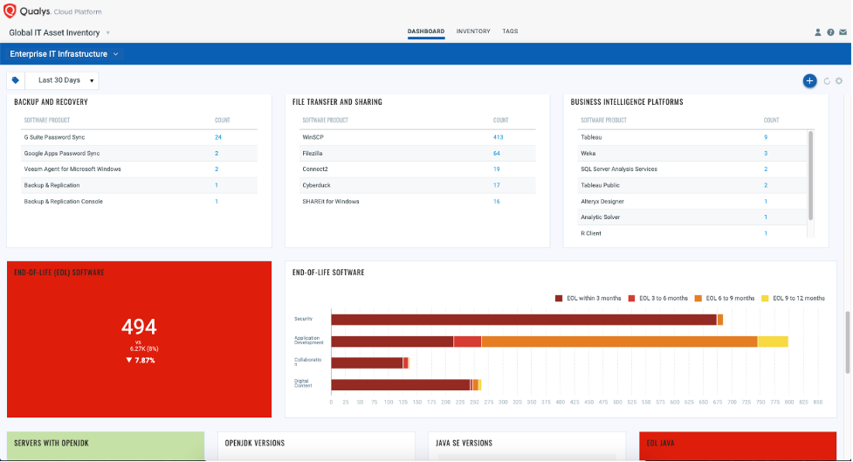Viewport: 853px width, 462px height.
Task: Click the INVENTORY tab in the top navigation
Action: pos(472,31)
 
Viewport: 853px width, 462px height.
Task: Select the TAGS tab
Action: pos(510,31)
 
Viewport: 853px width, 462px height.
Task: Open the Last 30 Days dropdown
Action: pos(65,80)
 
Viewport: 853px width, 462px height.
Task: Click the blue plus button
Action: pos(809,80)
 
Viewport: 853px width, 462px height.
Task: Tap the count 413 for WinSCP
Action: pos(498,137)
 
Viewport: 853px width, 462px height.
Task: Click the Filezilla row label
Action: pos(314,153)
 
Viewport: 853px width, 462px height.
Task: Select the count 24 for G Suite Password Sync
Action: pos(217,137)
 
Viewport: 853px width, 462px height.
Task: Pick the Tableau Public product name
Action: pos(600,185)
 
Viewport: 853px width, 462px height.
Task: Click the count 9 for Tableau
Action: pos(766,137)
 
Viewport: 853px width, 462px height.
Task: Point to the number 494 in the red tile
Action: pos(139,328)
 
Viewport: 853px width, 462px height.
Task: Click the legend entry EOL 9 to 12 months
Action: pos(796,298)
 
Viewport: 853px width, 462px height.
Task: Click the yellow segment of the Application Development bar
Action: pos(772,341)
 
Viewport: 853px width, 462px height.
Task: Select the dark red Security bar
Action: pos(524,320)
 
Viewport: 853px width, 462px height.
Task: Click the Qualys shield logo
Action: pos(11,11)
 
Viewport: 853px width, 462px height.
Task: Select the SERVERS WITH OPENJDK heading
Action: pos(52,443)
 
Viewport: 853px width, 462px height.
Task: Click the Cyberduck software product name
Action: pos(315,185)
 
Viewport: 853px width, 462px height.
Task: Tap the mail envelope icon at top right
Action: pos(843,32)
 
